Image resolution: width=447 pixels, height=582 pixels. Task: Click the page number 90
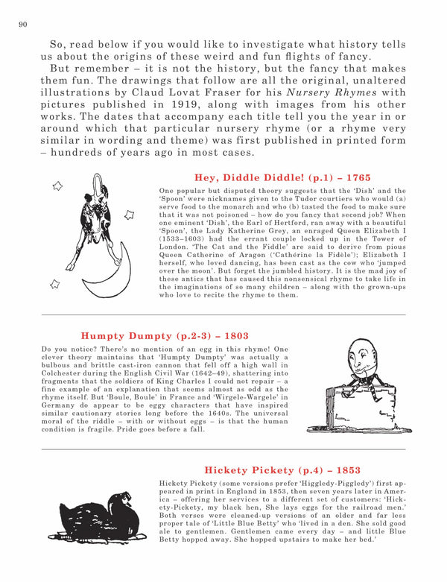click(x=22, y=25)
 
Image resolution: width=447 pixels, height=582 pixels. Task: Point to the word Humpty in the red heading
click(x=101, y=335)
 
